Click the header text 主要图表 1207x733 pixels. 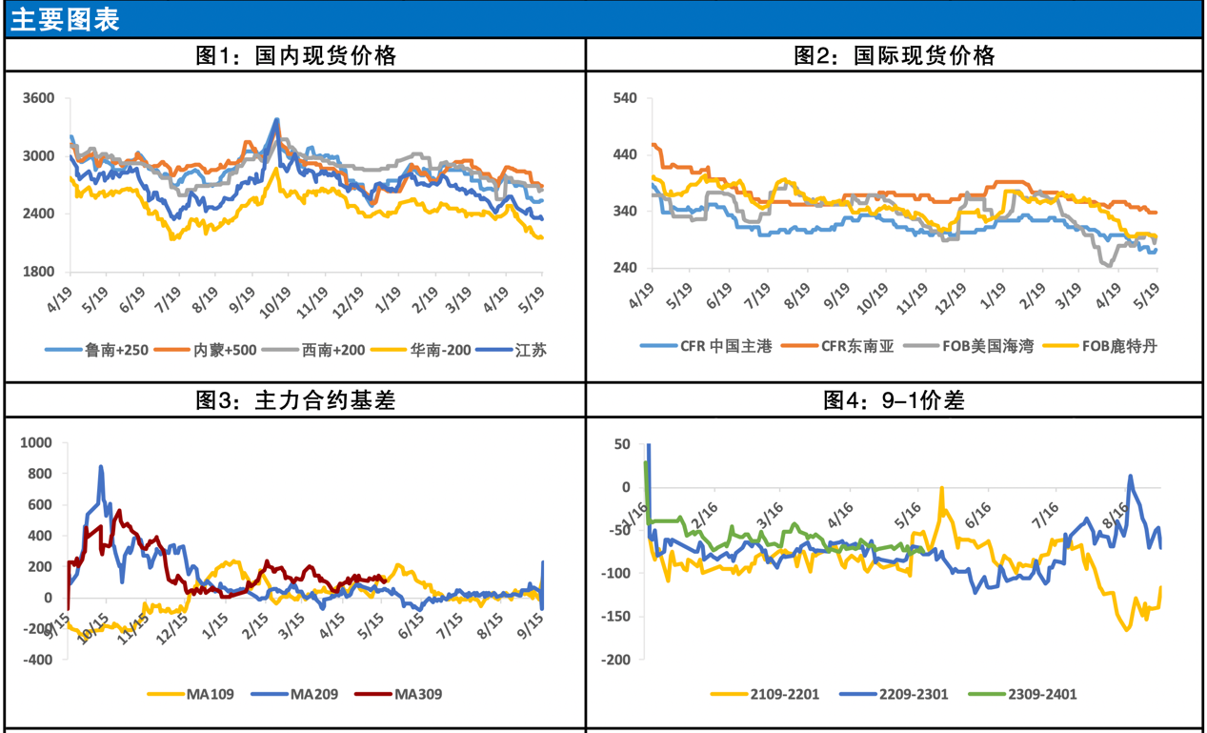click(66, 20)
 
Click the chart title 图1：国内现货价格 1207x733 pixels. click(295, 55)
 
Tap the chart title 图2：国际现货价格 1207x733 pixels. click(895, 55)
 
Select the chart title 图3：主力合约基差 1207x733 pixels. click(295, 400)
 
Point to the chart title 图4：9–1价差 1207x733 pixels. click(895, 400)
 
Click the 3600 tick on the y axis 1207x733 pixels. click(39, 98)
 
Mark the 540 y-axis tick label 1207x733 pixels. click(625, 98)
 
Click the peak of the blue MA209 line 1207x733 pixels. click(101, 467)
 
